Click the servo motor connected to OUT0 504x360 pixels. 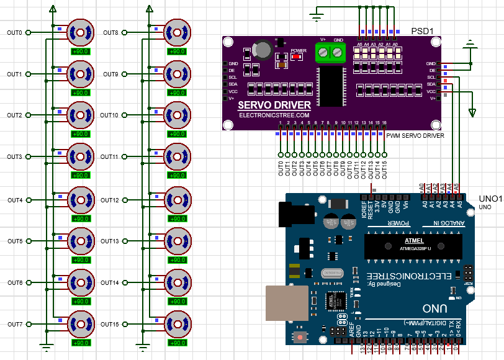(x=81, y=32)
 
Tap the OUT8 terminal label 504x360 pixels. (x=110, y=32)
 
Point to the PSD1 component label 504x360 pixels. (x=422, y=31)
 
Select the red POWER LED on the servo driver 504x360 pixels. (x=297, y=57)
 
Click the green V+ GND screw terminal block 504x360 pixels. (x=330, y=53)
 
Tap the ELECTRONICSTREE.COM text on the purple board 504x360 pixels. (x=274, y=115)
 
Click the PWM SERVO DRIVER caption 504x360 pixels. (x=415, y=135)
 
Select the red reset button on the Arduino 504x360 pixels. (x=301, y=337)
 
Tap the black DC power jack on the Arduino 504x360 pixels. (x=289, y=216)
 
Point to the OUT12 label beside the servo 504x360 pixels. (x=110, y=200)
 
